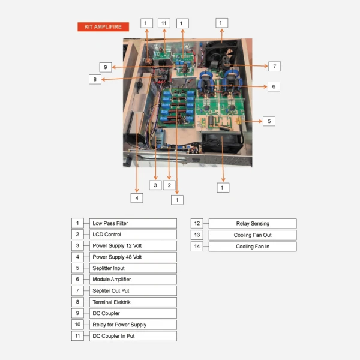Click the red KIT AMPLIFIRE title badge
pos(103,27)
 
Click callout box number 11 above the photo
pos(164,23)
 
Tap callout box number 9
pos(105,67)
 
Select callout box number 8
pos(94,79)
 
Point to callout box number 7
pos(274,66)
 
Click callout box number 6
pos(273,86)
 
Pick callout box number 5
pos(269,121)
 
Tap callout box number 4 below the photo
pos(137,197)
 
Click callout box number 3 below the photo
pos(155,185)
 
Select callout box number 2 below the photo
pos(169,185)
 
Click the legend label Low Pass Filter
pos(133,223)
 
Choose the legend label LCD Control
pos(133,235)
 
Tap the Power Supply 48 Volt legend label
pos(133,257)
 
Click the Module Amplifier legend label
pos(133,280)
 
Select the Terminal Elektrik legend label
pos(133,302)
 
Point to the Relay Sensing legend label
pos(252,223)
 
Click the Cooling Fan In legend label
pos(252,246)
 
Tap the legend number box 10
pos(77,325)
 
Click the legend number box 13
pos(197,235)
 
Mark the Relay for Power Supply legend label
pos(133,325)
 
